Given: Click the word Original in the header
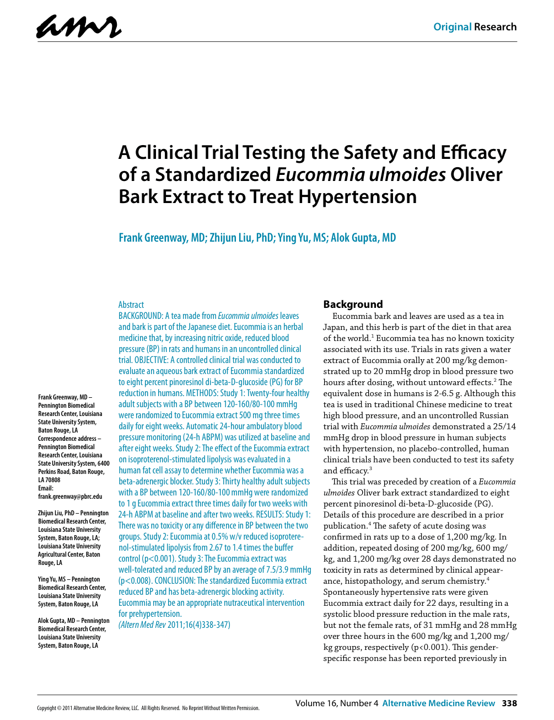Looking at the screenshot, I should click(452, 27).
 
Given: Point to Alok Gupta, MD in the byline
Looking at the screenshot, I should click(363, 238).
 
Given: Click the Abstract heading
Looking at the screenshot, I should click(131, 305).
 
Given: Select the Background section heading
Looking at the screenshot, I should click(353, 305).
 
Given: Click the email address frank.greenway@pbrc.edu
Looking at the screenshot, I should click(70, 497).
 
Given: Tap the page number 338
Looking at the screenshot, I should click(509, 703).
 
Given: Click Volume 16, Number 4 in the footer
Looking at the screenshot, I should click(337, 703).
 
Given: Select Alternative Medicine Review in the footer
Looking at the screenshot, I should click(439, 703).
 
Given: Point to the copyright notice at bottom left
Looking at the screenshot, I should click(148, 708).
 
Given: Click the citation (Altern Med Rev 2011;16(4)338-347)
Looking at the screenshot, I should click(174, 625).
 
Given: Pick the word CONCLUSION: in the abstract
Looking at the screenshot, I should click(174, 580).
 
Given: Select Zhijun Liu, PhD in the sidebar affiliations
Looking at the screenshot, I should click(56, 513).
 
